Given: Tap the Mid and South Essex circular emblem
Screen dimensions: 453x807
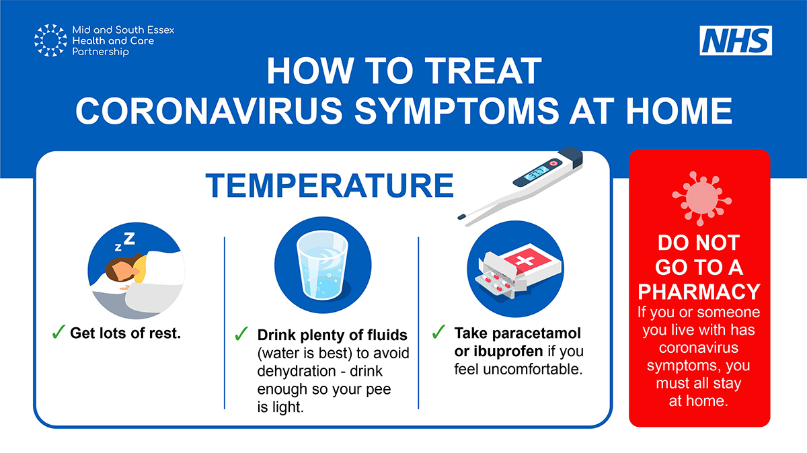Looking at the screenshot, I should [x=50, y=40].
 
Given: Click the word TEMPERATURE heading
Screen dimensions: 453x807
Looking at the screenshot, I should [x=329, y=185].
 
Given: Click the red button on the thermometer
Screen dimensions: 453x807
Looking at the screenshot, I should [x=553, y=163].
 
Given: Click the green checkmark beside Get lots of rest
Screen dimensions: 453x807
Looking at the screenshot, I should [x=59, y=332].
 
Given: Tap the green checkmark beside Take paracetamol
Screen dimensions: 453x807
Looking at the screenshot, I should [x=438, y=332].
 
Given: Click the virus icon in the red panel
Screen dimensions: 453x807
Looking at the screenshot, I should [x=699, y=195].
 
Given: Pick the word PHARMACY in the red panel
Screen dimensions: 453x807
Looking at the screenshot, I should [x=699, y=292].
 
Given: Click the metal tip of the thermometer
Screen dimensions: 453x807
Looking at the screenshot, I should [x=463, y=216].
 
